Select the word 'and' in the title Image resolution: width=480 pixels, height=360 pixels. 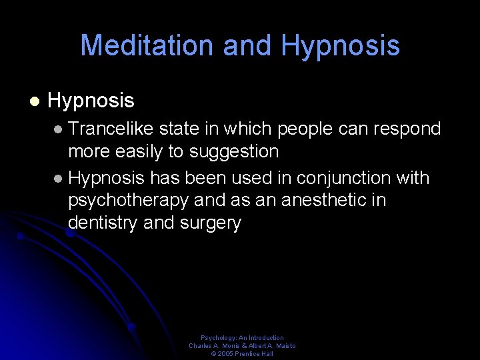pyautogui.click(x=247, y=45)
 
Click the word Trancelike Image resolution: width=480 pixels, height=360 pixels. pyautogui.click(x=111, y=128)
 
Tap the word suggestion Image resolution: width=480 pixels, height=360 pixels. pyautogui.click(x=234, y=151)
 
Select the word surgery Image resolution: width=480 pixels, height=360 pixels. pyautogui.click(x=210, y=223)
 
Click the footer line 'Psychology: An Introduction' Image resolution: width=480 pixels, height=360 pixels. pyautogui.click(x=242, y=338)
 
